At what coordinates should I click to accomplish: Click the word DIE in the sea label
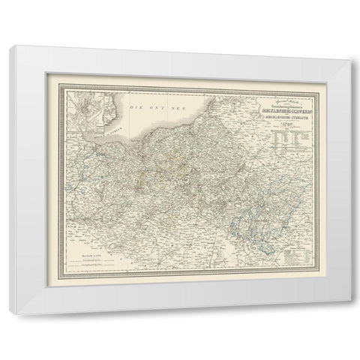(136, 110)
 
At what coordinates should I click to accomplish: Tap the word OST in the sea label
(153, 110)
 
